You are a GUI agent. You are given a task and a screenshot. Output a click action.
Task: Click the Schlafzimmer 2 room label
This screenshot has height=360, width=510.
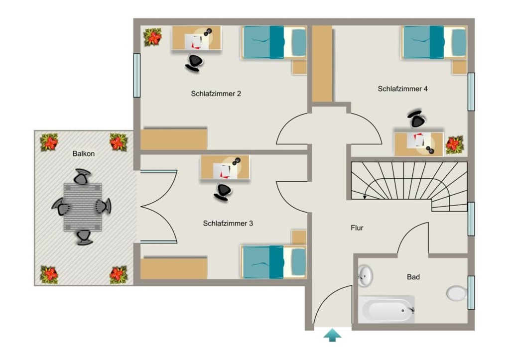[x=216, y=94]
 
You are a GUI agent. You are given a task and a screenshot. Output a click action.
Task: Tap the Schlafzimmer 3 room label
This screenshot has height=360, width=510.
[x=228, y=224]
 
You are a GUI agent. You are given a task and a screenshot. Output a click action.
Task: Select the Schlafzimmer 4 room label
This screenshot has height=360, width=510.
[x=402, y=89]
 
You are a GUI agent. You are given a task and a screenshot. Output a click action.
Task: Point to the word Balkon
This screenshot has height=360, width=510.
[x=84, y=153]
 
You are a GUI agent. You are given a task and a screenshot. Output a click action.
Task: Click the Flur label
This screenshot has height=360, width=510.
[x=357, y=228]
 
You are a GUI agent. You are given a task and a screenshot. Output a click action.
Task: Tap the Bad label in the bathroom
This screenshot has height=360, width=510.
[x=413, y=277]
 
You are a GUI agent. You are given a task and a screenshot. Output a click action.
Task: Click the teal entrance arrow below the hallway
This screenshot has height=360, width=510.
[x=332, y=335]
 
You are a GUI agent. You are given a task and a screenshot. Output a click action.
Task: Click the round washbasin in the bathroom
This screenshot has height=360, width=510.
[x=365, y=275]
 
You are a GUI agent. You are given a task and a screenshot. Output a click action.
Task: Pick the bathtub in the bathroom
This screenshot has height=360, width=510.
[x=386, y=309]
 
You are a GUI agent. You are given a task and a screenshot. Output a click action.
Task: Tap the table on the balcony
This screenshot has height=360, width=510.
[x=83, y=208]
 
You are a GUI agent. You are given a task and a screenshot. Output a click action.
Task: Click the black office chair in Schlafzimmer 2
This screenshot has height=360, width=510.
[x=194, y=62]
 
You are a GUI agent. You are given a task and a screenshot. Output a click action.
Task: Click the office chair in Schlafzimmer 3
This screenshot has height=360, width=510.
[x=223, y=192]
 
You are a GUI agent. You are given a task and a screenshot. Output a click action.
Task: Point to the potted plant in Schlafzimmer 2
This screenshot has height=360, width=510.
[x=153, y=37]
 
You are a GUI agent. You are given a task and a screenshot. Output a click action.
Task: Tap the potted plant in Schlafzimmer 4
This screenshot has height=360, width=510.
[x=454, y=145]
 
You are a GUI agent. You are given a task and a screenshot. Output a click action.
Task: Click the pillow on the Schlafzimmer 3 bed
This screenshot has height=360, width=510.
[x=298, y=262]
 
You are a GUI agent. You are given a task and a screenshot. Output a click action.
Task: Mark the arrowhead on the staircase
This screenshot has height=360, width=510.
[x=365, y=197]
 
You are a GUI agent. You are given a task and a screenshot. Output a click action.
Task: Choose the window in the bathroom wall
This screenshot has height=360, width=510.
[x=471, y=293]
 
